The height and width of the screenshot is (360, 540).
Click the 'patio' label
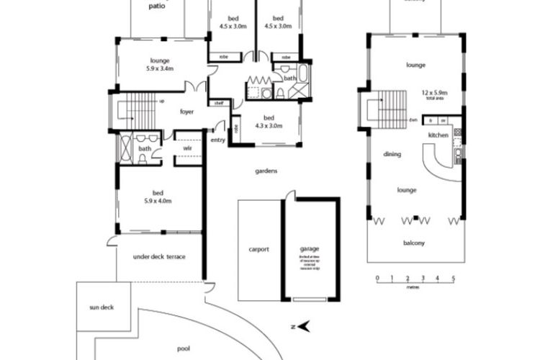(156, 6)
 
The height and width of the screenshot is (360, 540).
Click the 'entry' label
(218, 140)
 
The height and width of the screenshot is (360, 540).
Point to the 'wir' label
(186, 148)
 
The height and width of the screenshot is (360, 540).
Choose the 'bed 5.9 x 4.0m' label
(158, 197)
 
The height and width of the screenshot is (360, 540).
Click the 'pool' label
(184, 348)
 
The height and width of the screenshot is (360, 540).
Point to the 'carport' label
(258, 250)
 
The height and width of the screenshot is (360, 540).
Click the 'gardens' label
(266, 171)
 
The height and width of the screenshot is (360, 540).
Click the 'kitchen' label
(438, 135)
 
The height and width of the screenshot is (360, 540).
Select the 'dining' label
(392, 154)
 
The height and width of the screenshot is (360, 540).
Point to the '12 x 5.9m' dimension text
(435, 93)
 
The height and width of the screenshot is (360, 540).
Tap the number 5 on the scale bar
(454, 278)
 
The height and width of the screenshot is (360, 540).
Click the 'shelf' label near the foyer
(218, 103)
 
